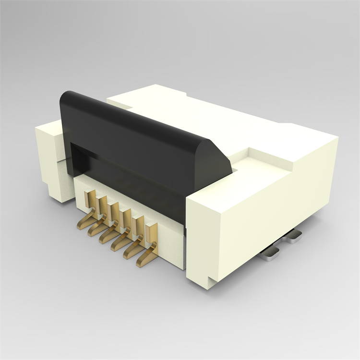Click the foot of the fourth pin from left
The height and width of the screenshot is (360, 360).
click(x=118, y=245)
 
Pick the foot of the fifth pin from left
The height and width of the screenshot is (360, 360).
click(x=130, y=252)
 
